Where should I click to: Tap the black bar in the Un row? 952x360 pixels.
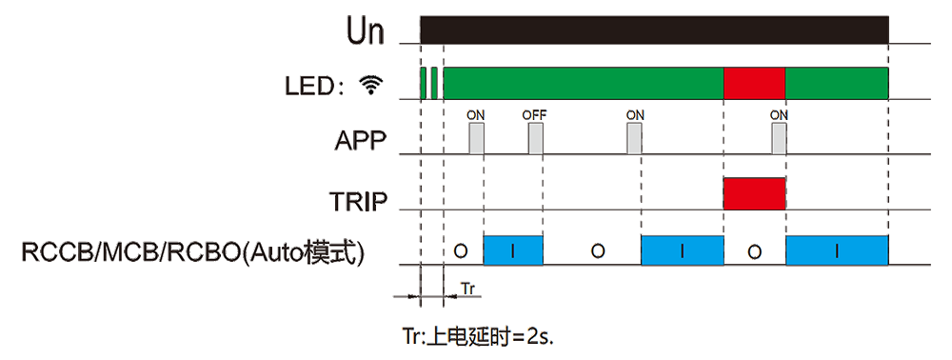coord(655,30)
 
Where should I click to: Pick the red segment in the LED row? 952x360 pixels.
coord(754,83)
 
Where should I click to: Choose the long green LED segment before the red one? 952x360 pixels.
coord(584,83)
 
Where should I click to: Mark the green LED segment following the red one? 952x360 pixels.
coord(837,83)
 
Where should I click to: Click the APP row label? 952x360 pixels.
coord(360,142)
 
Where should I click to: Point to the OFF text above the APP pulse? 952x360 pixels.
coord(535,114)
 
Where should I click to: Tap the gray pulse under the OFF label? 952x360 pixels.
coord(535,138)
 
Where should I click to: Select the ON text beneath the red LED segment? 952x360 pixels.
coord(779,114)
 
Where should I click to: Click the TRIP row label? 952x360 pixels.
coord(358,201)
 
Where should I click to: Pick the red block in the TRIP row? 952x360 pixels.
coord(754,193)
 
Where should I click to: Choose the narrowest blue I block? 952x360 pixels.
coord(513,250)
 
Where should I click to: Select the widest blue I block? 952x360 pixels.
coord(837,250)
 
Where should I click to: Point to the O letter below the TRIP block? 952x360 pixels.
coord(754,251)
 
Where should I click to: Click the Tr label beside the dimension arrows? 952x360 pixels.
coord(467,289)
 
